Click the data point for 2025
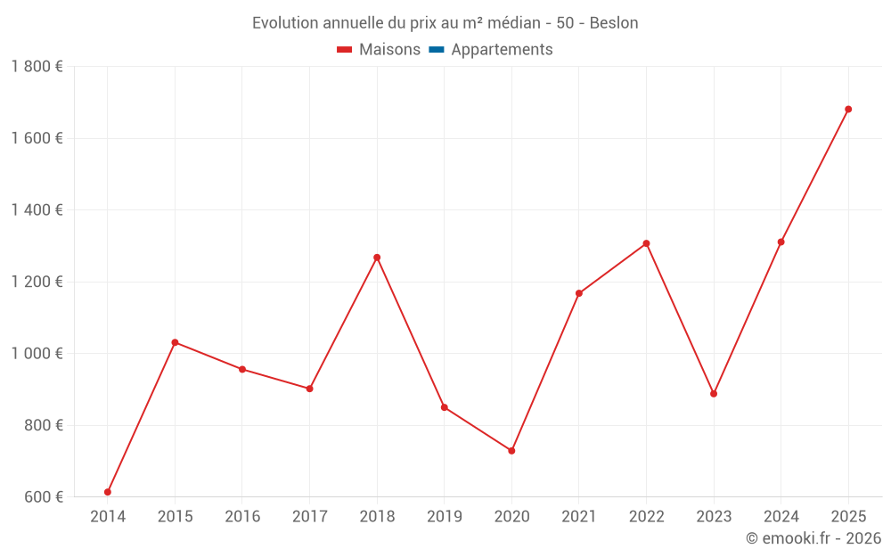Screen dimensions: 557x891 pyautogui.click(x=848, y=110)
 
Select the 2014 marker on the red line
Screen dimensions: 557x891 pyautogui.click(x=108, y=492)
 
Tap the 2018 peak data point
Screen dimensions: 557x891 pyautogui.click(x=377, y=258)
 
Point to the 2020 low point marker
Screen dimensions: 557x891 pyautogui.click(x=511, y=451)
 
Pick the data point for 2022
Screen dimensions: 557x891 pyautogui.click(x=646, y=243)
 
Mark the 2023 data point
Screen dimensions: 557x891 pyautogui.click(x=714, y=394)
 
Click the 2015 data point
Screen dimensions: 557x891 pyautogui.click(x=175, y=342)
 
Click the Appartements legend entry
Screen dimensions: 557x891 pyautogui.click(x=502, y=50)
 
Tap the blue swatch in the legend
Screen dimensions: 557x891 pyautogui.click(x=437, y=50)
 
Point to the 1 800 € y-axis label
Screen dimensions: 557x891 pyautogui.click(x=37, y=67)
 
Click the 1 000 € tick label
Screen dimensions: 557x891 pyautogui.click(x=37, y=354)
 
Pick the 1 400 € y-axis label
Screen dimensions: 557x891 pyautogui.click(x=37, y=210)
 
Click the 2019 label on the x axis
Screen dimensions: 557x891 pyautogui.click(x=444, y=516)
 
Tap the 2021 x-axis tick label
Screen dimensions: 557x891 pyautogui.click(x=578, y=516)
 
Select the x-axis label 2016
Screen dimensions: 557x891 pyautogui.click(x=242, y=516)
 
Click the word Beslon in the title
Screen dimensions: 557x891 pyautogui.click(x=614, y=23)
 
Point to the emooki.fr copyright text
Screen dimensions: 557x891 pyautogui.click(x=813, y=538)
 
